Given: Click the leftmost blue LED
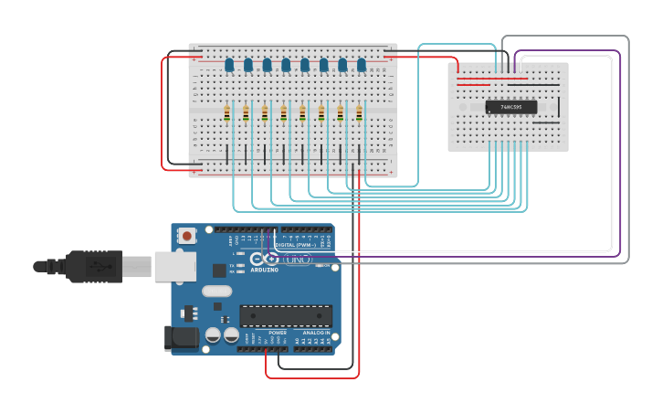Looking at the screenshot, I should (229, 65).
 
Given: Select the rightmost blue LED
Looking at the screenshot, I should (362, 65).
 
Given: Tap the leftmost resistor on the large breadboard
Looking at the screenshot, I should (227, 113).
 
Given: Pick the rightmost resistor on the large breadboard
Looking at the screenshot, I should (359, 113).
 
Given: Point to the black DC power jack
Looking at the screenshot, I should (180, 338).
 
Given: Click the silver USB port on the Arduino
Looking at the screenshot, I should (174, 266).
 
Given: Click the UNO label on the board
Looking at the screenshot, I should (299, 260).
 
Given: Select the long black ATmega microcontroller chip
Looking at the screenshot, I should (285, 316).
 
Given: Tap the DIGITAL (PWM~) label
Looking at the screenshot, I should (296, 245).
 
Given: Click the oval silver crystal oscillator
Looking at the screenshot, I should (217, 292).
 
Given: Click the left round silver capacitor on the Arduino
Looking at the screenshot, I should (212, 335).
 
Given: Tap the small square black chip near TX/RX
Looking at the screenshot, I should (219, 270).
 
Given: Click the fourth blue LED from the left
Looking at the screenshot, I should (286, 65).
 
